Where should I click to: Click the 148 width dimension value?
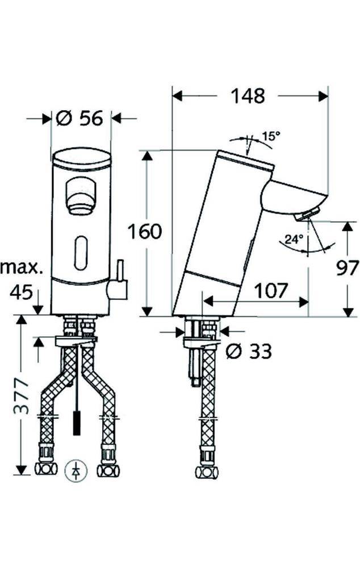tap(248, 96)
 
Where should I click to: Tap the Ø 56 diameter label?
tap(79, 118)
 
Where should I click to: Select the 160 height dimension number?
tap(144, 232)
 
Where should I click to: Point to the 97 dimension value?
tap(348, 268)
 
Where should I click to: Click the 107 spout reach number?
tap(270, 290)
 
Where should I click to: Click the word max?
tap(22, 268)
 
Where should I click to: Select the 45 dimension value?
tap(21, 291)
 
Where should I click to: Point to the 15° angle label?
tap(271, 136)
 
